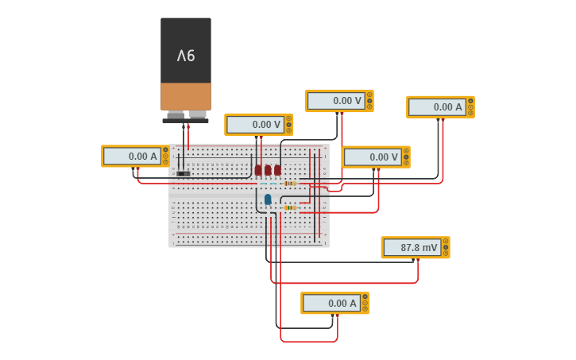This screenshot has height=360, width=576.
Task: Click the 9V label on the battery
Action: click(186, 56)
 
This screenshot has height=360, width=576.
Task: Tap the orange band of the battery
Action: click(186, 96)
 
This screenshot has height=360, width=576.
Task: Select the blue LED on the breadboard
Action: click(268, 199)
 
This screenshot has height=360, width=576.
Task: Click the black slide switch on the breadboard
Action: click(184, 173)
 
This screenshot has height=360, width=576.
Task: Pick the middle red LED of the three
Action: click(268, 170)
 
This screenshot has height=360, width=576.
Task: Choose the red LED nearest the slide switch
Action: click(258, 170)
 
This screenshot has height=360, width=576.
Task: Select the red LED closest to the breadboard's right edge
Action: click(277, 170)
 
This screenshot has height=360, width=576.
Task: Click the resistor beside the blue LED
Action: click(290, 207)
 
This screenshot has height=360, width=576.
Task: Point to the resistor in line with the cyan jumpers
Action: click(290, 184)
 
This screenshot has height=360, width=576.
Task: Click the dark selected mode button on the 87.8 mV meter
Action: click(446, 248)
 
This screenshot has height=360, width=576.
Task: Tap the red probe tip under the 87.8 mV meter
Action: click(418, 259)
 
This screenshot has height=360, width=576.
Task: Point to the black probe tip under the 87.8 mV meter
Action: click(413, 259)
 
